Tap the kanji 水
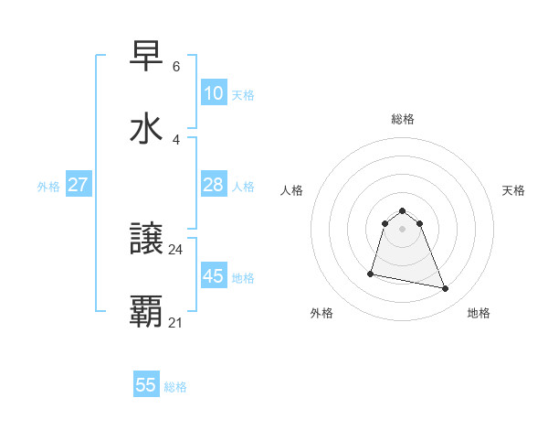147,128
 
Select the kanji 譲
147,240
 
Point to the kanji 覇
147,312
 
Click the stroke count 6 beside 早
176,67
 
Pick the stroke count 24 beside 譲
176,249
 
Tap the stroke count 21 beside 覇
176,322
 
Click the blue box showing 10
213,93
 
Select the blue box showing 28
213,185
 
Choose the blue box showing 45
213,276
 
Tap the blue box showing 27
79,185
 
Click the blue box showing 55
146,385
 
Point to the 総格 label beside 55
175,387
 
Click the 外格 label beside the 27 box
48,187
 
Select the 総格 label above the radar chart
402,119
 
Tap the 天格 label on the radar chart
513,190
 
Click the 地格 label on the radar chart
479,313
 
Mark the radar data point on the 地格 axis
446,289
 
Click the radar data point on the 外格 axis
371,273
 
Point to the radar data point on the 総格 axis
402,209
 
